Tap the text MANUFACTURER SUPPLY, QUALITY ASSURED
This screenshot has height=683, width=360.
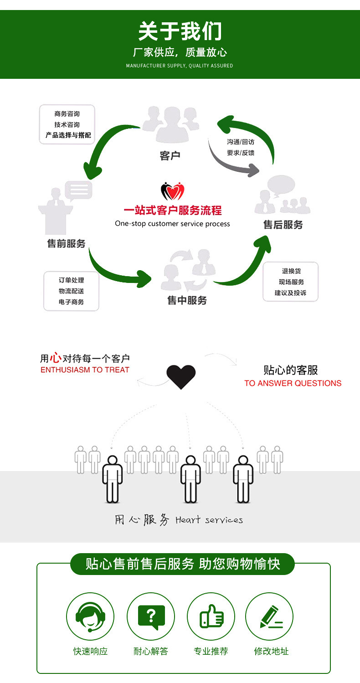[180, 66]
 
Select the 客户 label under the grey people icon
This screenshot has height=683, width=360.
[170, 156]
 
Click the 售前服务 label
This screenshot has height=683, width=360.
[66, 243]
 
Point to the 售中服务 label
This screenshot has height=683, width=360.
[187, 300]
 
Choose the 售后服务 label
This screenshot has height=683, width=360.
[283, 225]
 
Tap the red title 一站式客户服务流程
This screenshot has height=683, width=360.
[173, 211]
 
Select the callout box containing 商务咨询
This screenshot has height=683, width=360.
[67, 124]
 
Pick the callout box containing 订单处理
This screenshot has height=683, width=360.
[71, 291]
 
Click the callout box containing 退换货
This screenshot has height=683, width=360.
[290, 282]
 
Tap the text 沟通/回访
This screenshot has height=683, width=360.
[241, 142]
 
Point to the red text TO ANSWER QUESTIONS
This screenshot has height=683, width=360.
[293, 383]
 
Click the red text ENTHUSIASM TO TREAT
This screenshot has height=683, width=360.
[85, 370]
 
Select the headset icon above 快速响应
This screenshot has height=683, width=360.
[90, 616]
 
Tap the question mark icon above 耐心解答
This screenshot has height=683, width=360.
[151, 616]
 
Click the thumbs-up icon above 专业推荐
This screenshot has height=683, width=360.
[211, 616]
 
